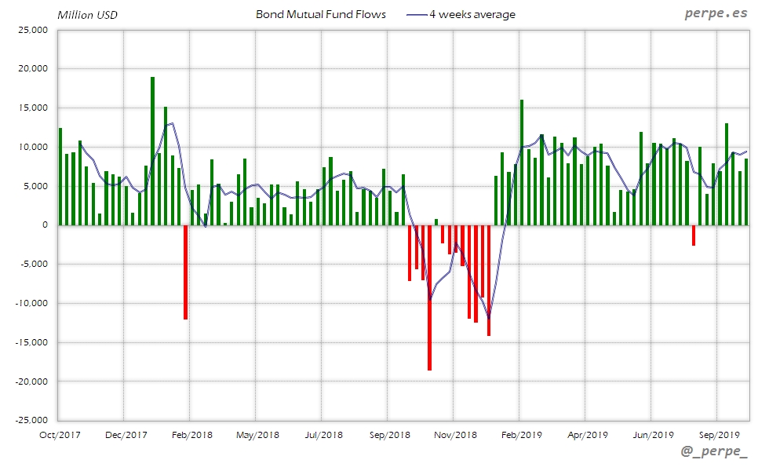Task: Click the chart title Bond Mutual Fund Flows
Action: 321,14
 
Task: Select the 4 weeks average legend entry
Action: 472,14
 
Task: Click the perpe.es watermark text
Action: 716,13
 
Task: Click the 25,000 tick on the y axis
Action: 33,30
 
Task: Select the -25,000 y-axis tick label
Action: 31,420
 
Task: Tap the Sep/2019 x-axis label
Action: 716,434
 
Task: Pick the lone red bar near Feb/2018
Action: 185,272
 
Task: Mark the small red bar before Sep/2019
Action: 694,235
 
